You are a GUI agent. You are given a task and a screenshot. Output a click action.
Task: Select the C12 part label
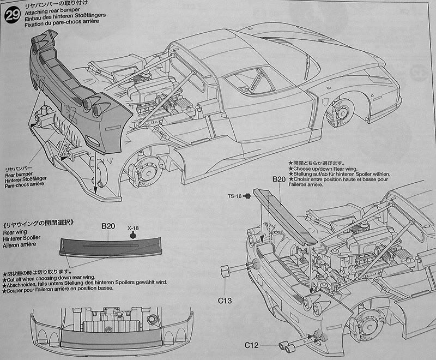tap(251, 345)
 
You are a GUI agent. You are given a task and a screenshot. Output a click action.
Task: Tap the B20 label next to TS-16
tap(279, 179)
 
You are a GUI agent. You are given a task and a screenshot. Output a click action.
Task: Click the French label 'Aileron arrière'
tap(22, 246)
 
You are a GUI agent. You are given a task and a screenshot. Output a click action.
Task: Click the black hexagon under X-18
tap(132, 236)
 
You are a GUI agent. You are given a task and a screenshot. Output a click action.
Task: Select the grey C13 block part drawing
tap(225, 272)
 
